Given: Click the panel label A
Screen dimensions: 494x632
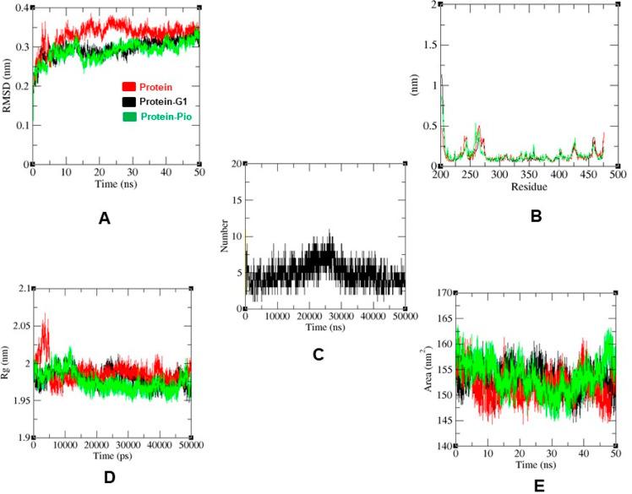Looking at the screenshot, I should click(104, 219).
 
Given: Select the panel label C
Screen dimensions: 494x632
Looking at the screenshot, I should click(319, 355).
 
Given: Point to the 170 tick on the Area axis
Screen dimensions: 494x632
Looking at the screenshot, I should click(444, 294).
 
